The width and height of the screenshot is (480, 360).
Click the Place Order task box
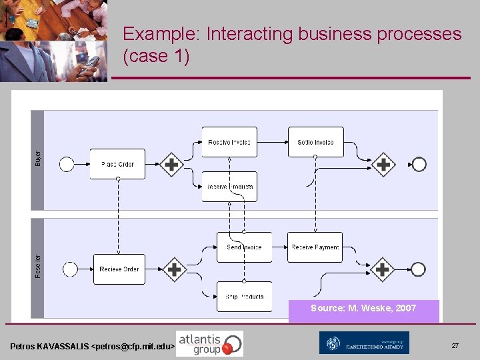pyautogui.click(x=117, y=164)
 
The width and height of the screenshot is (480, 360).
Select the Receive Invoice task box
pyautogui.click(x=229, y=142)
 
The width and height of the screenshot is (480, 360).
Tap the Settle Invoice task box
pyautogui.click(x=315, y=142)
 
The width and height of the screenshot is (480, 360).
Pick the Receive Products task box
pyautogui.click(x=229, y=187)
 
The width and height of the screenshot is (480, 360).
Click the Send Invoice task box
pyautogui.click(x=244, y=247)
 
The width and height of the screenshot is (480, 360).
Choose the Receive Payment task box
pyautogui.click(x=315, y=247)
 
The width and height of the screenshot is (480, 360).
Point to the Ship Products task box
pyautogui.click(x=244, y=297)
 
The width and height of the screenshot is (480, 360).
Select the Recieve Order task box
pyautogui.click(x=119, y=269)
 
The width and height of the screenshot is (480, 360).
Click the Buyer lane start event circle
pyautogui.click(x=67, y=164)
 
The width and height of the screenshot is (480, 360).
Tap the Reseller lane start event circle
pyautogui.click(x=69, y=269)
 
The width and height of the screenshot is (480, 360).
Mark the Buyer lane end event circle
pyautogui.click(x=419, y=164)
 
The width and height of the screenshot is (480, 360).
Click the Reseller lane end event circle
pyautogui.click(x=418, y=269)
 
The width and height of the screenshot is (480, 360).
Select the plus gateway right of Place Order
pyautogui.click(x=172, y=164)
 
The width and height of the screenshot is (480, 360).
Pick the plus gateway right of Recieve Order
pyautogui.click(x=174, y=269)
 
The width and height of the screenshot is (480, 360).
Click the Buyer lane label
pyautogui.click(x=37, y=159)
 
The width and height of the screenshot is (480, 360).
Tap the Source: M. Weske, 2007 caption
pyautogui.click(x=363, y=308)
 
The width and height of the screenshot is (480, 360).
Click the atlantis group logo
pyautogui.click(x=209, y=343)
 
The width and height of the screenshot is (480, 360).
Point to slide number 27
pyautogui.click(x=455, y=346)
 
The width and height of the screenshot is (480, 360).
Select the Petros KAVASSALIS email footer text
pyautogui.click(x=93, y=347)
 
